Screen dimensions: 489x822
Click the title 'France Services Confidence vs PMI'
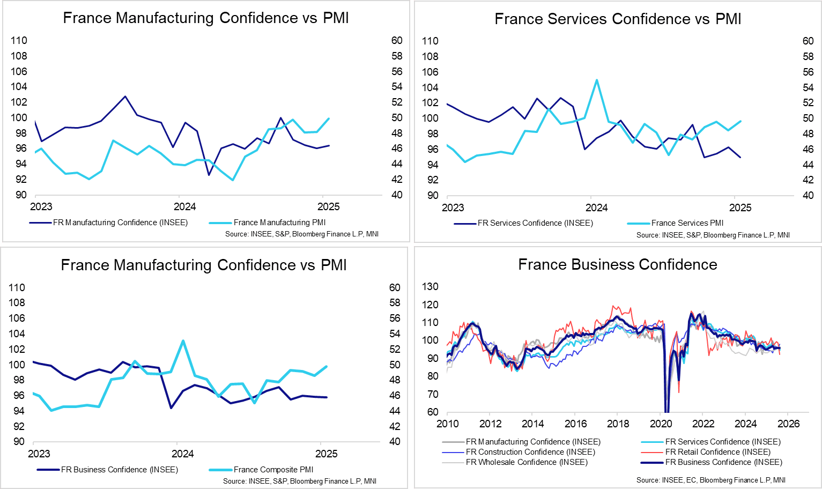tap(618, 19)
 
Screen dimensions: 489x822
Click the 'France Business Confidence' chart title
tap(618, 265)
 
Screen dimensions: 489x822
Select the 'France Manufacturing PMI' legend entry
tap(279, 223)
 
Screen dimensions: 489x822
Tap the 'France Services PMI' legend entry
tap(687, 223)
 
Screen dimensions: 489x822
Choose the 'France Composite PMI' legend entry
tap(273, 470)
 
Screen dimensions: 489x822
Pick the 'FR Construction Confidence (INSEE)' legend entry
tap(530, 452)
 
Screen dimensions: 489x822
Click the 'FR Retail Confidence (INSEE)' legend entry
tap(717, 452)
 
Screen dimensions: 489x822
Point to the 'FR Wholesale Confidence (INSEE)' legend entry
tap(527, 462)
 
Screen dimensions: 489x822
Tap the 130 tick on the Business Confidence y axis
tap(430, 287)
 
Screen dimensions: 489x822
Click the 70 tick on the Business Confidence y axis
tap(432, 395)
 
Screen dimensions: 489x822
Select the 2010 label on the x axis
tap(448, 424)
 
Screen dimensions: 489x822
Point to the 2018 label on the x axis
tap(618, 424)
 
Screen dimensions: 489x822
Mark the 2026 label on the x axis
tap(788, 424)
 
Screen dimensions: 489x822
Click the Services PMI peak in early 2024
tap(597, 80)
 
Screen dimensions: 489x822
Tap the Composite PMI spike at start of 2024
tap(183, 340)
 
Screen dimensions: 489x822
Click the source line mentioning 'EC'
tap(710, 480)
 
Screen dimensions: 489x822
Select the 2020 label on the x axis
tap(661, 424)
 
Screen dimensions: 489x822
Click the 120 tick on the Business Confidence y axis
tap(430, 305)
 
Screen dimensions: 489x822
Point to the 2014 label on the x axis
tap(532, 424)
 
